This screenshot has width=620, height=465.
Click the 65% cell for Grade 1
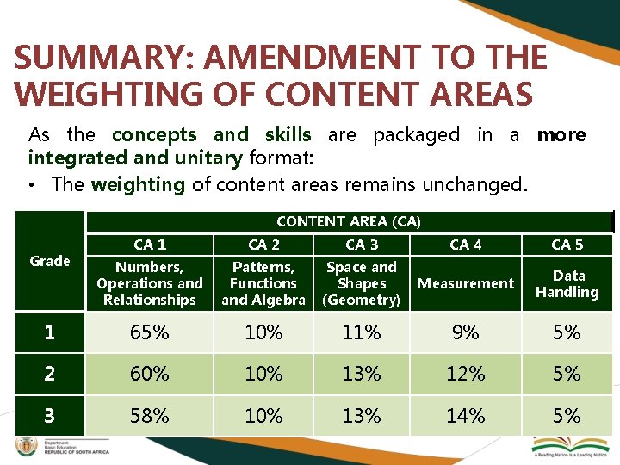coord(149,332)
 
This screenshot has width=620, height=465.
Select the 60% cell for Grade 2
coord(149,375)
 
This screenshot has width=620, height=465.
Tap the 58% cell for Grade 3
coord(149,416)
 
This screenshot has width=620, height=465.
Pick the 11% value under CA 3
coord(361,332)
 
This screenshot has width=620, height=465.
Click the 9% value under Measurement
coord(466,332)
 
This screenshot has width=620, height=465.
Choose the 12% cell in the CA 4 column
coord(466,375)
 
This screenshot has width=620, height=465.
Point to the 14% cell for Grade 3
coord(466,416)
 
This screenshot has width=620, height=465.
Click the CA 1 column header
coord(150,245)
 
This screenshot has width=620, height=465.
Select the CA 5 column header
coord(567,245)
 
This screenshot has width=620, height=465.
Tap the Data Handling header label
coord(567,283)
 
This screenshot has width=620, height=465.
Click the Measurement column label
coord(466,283)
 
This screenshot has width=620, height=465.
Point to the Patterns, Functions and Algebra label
coord(263,283)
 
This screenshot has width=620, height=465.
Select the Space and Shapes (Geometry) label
coord(361,283)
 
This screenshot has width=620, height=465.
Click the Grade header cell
coord(49,261)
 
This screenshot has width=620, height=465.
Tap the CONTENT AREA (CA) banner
coord(348,221)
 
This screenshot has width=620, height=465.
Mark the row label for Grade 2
coord(49,375)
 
